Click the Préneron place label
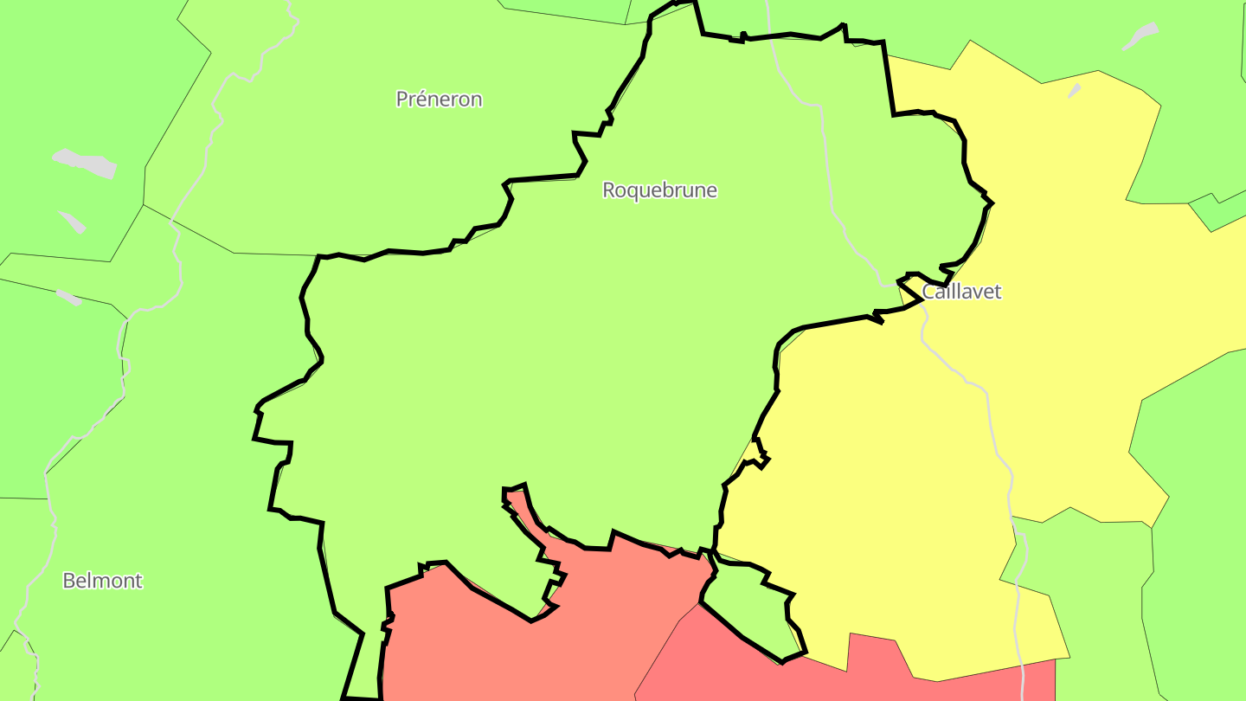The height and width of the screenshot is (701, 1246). (x=439, y=100)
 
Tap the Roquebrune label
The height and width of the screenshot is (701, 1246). (x=659, y=190)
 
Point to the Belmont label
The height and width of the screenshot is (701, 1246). (x=102, y=581)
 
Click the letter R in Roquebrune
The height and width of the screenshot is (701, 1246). (x=609, y=190)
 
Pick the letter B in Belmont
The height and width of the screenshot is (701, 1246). (x=68, y=581)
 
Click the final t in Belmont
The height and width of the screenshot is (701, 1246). (x=138, y=581)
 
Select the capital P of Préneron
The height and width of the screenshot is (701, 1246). (x=401, y=100)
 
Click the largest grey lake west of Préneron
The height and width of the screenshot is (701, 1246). (x=85, y=163)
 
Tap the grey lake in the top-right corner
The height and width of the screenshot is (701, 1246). (x=1140, y=36)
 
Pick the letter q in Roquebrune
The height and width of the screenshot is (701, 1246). (x=638, y=192)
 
